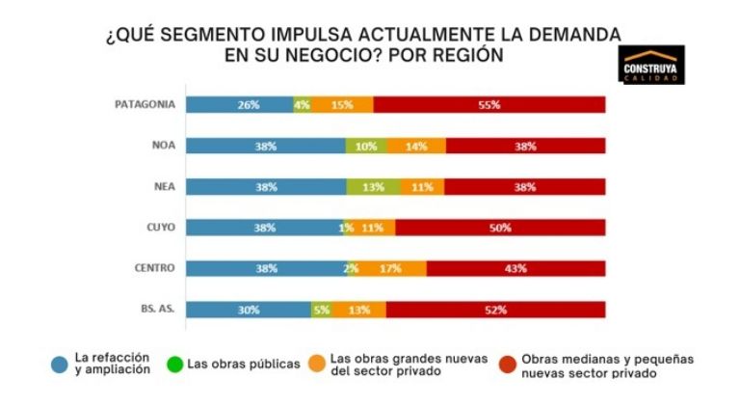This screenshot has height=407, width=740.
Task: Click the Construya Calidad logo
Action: pos(652,65)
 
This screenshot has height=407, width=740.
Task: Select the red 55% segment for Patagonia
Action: pos(489,104)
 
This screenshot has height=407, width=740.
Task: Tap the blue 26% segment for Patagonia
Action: pos(239,104)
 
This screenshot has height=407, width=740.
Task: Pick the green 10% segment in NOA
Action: pos(366,146)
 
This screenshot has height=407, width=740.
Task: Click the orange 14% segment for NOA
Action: pos(416,146)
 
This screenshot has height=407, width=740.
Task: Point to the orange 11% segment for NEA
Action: pos(420,186)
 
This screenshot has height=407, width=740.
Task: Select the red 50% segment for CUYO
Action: pos(500,228)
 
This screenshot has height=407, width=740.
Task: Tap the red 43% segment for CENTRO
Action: pos(515,268)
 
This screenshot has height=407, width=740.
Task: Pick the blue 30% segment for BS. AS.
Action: pos(248,309)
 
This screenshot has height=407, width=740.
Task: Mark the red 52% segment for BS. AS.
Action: pos(495,309)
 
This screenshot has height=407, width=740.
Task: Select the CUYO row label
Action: pos(158,228)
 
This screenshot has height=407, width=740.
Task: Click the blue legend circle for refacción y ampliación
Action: pos(60,364)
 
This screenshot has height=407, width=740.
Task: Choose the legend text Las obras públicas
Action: pos(244,364)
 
